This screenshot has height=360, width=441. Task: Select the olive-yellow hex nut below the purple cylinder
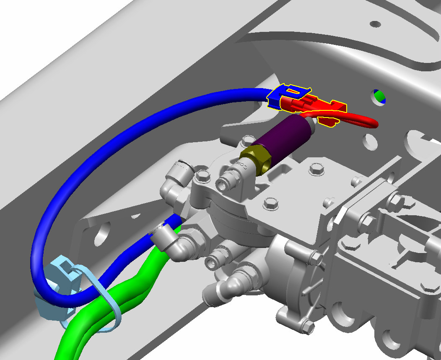point(255,159)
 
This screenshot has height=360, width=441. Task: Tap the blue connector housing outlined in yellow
point(277,98)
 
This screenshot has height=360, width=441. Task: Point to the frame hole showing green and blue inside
point(379,96)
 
